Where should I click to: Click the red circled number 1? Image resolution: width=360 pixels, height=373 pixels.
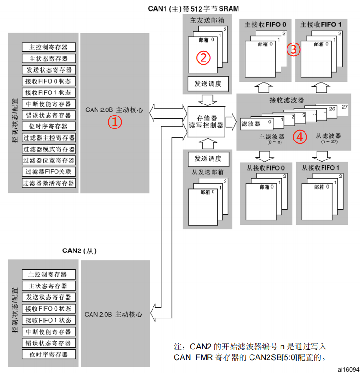tap(115, 122)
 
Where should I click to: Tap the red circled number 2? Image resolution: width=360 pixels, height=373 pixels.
tap(203, 57)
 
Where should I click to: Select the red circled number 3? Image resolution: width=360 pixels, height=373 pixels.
tap(293, 49)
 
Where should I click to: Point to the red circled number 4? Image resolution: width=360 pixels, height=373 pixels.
tap(300, 136)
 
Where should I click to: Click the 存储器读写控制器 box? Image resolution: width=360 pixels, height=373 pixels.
tap(206, 122)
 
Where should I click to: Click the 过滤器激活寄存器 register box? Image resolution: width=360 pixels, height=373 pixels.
tap(49, 183)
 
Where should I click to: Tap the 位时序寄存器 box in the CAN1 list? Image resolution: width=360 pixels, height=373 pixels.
tap(49, 127)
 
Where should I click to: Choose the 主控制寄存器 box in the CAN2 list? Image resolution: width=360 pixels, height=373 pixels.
tap(49, 275)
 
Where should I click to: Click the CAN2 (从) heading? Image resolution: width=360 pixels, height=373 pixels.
tap(79, 251)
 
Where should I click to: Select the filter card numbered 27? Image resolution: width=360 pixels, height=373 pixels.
tap(344, 108)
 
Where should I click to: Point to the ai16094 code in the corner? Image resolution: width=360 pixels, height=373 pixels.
tap(348, 369)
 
